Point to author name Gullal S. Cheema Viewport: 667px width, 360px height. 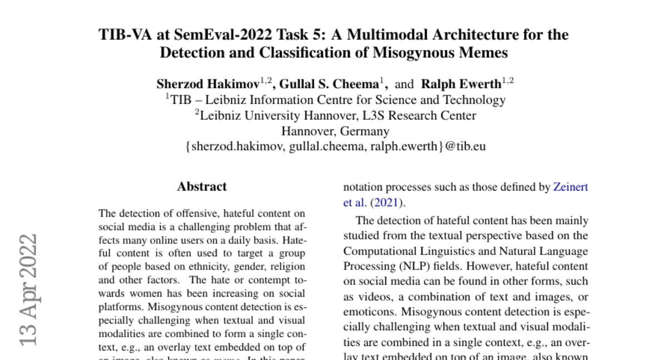(x=329, y=84)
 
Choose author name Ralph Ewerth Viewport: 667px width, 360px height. (x=461, y=84)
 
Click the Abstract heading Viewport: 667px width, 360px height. (x=202, y=187)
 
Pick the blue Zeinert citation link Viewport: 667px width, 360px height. (x=570, y=187)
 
